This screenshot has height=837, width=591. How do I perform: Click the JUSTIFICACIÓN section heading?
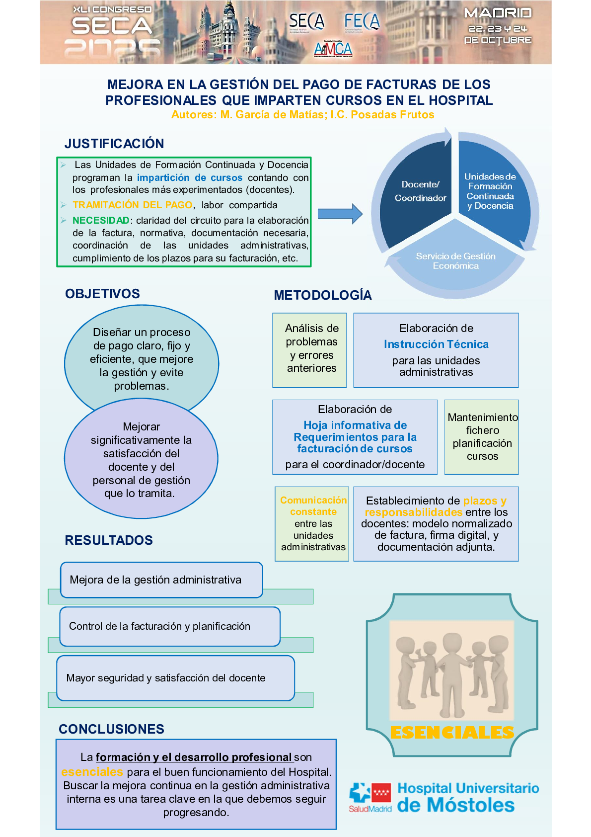click(114, 144)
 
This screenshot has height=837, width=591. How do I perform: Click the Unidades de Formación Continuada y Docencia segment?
click(490, 191)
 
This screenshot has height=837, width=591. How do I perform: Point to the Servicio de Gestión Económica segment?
click(455, 261)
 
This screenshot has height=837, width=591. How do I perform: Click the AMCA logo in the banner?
click(333, 49)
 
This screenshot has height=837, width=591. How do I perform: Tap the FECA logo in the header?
click(362, 21)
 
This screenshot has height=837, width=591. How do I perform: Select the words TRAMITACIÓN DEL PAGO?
click(132, 205)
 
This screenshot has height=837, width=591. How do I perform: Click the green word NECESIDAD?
click(101, 220)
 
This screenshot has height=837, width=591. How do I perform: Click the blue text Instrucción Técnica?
click(436, 344)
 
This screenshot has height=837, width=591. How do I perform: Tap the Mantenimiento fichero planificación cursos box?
click(482, 437)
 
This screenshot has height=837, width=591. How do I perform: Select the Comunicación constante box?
click(313, 523)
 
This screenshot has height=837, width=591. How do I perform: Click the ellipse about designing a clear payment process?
click(142, 358)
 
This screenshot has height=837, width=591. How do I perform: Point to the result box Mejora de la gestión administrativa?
click(161, 580)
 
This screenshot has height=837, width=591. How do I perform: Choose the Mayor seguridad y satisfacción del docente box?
click(175, 678)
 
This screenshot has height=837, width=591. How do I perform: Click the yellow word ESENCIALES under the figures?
click(452, 733)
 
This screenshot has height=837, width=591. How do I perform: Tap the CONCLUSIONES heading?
click(111, 729)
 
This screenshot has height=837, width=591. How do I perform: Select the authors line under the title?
click(302, 115)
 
